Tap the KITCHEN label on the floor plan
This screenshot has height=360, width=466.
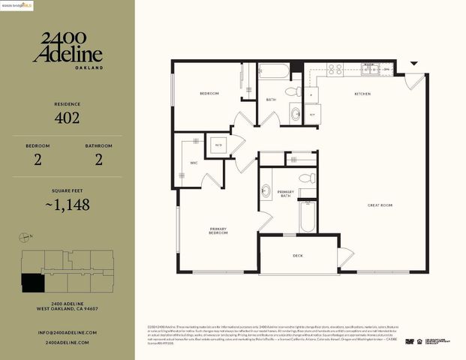(x=364, y=94)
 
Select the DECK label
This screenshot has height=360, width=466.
(x=298, y=255)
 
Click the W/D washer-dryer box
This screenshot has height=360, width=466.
(x=219, y=145)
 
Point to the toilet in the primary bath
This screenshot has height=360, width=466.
(x=307, y=178)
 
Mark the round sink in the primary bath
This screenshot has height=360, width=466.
(x=266, y=191)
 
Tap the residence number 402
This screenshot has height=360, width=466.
(x=68, y=117)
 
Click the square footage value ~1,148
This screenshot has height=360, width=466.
(x=68, y=204)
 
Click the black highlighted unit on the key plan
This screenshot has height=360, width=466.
(x=32, y=283)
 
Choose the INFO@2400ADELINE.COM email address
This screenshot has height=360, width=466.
(x=68, y=332)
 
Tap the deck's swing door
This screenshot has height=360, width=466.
(x=344, y=258)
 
